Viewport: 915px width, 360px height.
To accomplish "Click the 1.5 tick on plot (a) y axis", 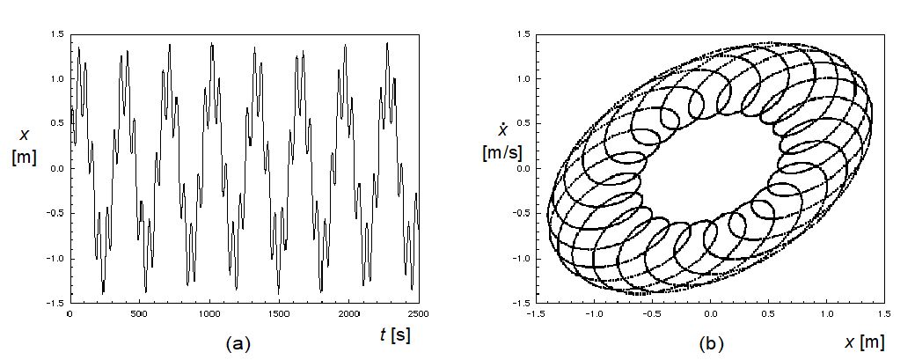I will pos(56,33).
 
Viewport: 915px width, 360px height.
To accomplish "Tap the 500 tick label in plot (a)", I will pos(139,313).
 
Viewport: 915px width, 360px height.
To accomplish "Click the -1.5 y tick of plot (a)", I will pos(55,303).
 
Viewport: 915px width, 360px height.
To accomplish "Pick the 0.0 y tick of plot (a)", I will pos(56,168).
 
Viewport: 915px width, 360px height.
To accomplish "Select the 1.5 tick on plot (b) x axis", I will pos(884,313).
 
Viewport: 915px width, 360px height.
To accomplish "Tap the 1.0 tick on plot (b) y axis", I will pos(522,78).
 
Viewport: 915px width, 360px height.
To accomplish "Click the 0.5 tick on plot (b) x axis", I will pos(769,313).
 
